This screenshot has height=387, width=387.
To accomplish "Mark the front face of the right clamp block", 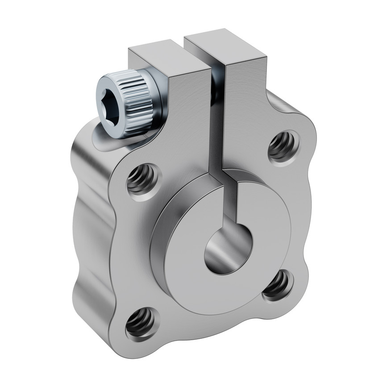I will (x=243, y=112).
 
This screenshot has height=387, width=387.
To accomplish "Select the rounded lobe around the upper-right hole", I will (x=299, y=134).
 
